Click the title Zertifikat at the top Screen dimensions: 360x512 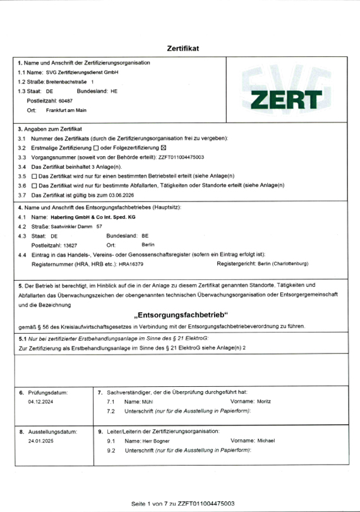pyautogui.click(x=183, y=48)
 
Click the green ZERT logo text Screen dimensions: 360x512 pyautogui.click(x=285, y=99)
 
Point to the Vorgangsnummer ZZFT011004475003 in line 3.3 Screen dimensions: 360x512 pyautogui.click(x=181, y=156)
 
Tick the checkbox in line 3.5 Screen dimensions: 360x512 pyautogui.click(x=34, y=175)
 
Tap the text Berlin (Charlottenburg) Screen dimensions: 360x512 pyautogui.click(x=283, y=262)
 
